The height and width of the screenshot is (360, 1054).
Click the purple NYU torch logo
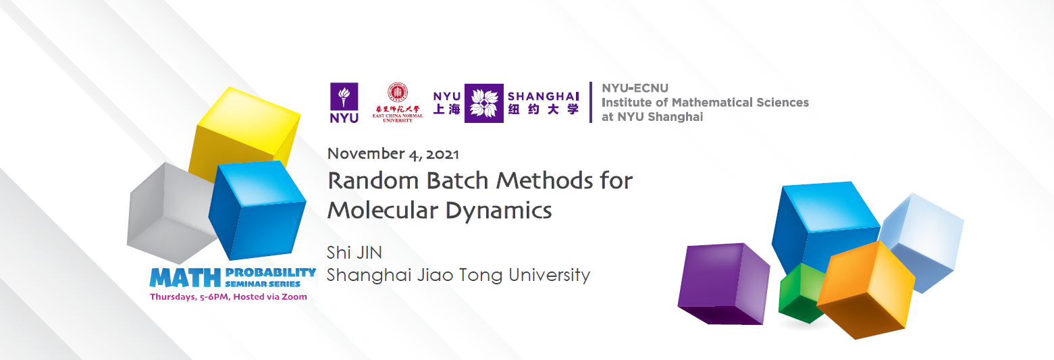point(344,103)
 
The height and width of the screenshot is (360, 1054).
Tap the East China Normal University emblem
point(398,101)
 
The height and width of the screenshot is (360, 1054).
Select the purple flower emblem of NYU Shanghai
point(484,103)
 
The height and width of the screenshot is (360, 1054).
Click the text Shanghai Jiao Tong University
point(458,276)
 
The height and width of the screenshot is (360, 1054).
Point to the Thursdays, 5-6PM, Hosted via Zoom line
point(228,297)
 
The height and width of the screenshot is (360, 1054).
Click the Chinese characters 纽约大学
point(544,109)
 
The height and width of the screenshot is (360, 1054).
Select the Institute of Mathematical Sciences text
point(705,103)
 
